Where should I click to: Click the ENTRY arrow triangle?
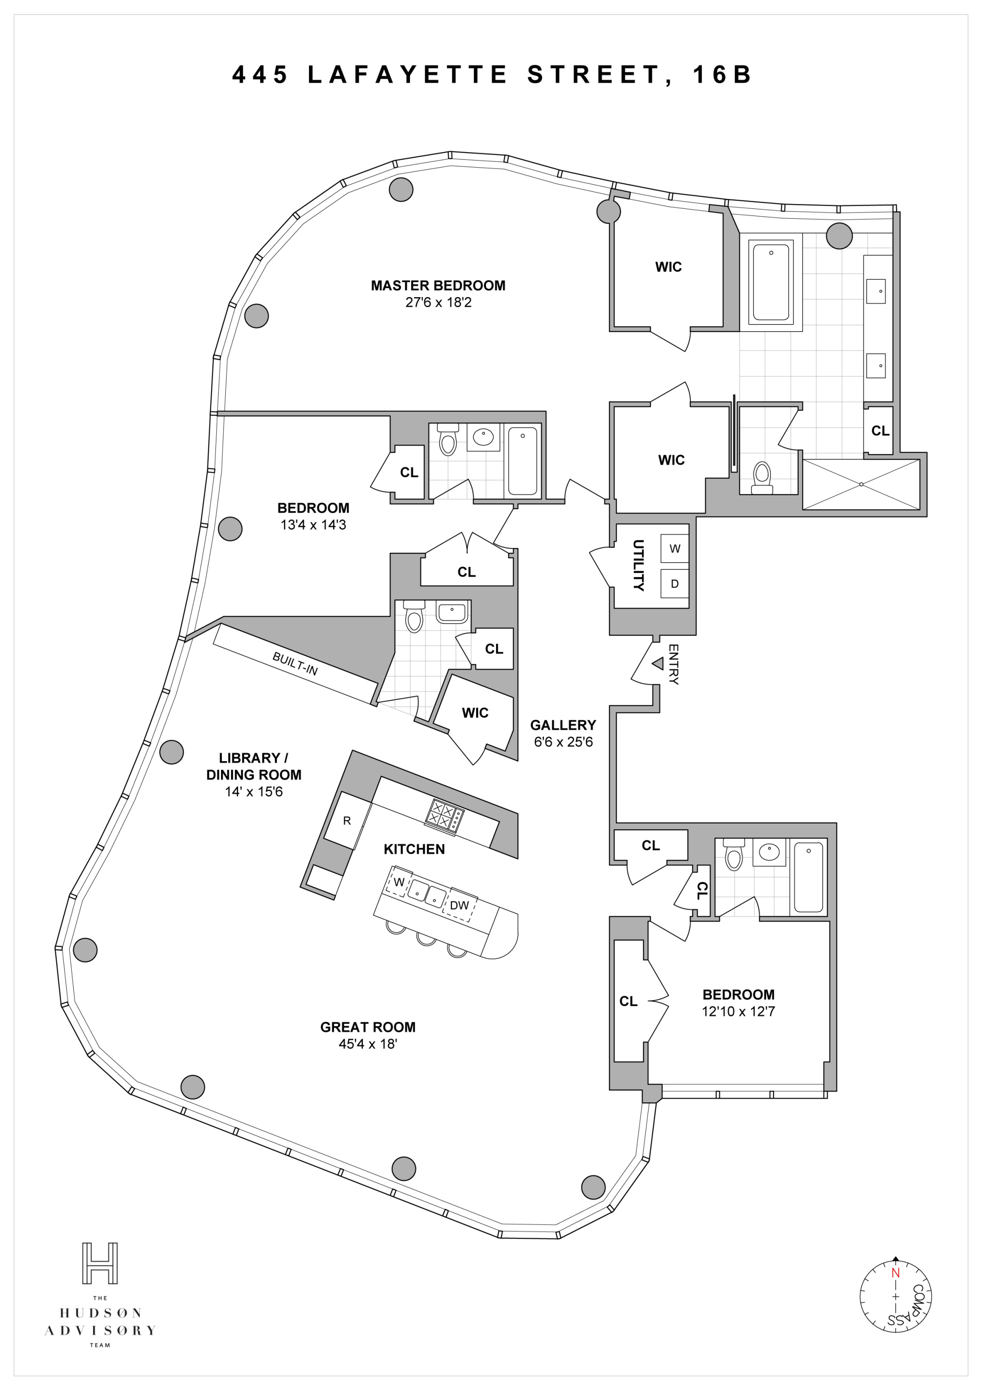tap(658, 663)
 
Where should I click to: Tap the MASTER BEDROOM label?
tap(438, 285)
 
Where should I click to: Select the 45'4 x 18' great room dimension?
tap(367, 1044)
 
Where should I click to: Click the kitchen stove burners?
tap(444, 814)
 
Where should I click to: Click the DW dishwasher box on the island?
tap(460, 905)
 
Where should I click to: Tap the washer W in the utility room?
tap(675, 549)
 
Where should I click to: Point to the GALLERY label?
tap(563, 725)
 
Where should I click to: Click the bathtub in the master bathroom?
tap(770, 282)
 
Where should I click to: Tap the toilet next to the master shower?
tap(761, 478)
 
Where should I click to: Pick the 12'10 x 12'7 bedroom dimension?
tap(738, 1011)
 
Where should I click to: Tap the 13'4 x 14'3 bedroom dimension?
tap(313, 525)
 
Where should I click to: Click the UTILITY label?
tap(638, 565)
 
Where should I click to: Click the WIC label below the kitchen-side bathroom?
tap(475, 712)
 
